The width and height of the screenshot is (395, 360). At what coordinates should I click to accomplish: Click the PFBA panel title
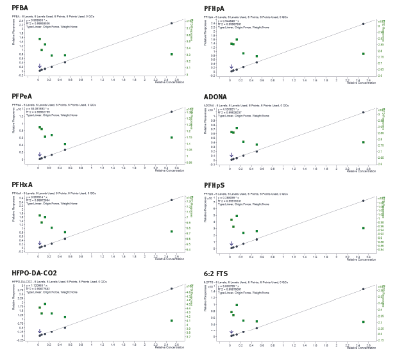pyautogui.click(x=20, y=8)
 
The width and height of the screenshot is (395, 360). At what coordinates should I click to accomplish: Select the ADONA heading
pyautogui.click(x=216, y=97)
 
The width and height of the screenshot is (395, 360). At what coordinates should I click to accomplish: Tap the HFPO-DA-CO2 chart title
pyautogui.click(x=34, y=274)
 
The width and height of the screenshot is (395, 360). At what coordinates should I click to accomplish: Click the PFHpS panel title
pyautogui.click(x=214, y=185)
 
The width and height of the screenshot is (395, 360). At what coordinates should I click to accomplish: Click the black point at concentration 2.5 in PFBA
pyautogui.click(x=171, y=23)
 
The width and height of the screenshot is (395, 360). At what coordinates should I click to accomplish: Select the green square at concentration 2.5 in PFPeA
pyautogui.click(x=171, y=137)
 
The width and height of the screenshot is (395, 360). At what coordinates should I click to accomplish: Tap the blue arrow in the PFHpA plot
pyautogui.click(x=231, y=66)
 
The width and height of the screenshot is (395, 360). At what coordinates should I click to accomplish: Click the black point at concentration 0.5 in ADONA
pyautogui.click(x=256, y=151)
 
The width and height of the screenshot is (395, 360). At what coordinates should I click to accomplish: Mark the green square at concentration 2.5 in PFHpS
pyautogui.click(x=363, y=228)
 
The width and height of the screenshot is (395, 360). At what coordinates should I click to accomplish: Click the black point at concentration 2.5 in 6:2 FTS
pyautogui.click(x=363, y=289)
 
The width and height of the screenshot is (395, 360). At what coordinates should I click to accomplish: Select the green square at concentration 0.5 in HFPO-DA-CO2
pyautogui.click(x=65, y=316)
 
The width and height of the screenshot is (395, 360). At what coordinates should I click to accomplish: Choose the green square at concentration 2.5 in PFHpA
pyautogui.click(x=363, y=54)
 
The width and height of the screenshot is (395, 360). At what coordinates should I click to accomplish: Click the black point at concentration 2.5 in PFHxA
pyautogui.click(x=171, y=200)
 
